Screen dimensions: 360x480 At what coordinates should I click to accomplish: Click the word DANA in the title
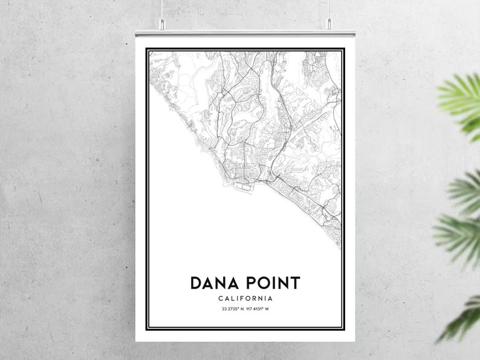point(213,283)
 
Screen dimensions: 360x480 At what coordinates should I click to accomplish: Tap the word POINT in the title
point(270,283)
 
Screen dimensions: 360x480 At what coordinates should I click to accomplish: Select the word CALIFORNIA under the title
point(245,298)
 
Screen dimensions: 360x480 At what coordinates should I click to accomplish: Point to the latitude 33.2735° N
point(232,310)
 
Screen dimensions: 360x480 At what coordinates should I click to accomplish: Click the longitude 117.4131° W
point(258,310)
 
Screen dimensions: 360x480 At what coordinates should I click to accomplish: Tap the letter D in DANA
point(196,283)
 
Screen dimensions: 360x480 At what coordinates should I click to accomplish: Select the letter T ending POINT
point(294,283)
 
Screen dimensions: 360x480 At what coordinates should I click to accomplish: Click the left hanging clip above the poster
point(163,24)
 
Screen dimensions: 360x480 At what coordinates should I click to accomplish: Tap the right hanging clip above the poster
point(329,24)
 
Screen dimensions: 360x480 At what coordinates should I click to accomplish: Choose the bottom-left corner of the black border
point(146,330)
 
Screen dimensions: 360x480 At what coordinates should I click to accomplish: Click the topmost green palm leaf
point(462,97)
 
